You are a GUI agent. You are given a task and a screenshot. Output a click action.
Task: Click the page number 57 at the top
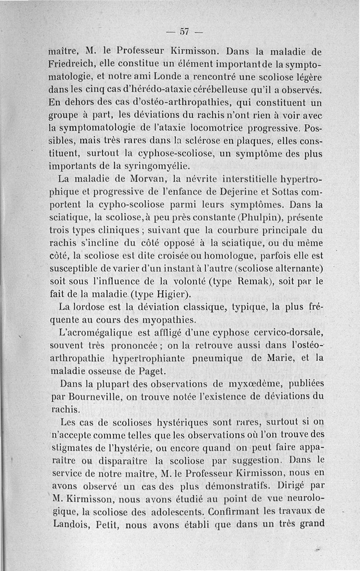tap(184, 32)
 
